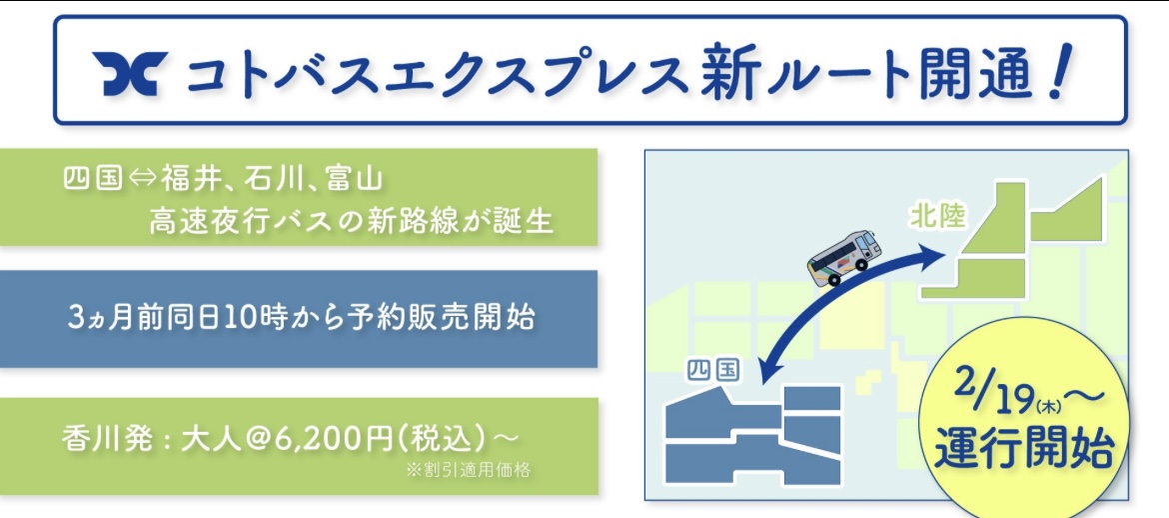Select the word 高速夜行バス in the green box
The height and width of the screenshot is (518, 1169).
221,221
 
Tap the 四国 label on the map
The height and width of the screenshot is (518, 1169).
712,370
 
